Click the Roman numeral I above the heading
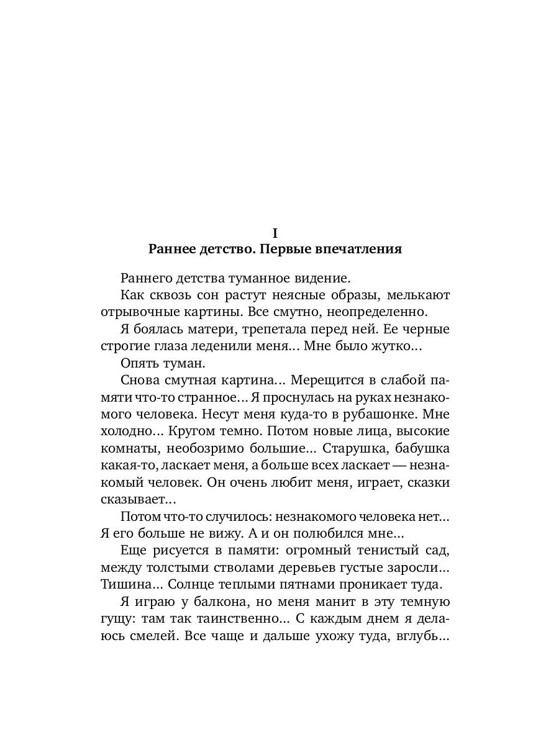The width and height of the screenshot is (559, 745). coord(275,233)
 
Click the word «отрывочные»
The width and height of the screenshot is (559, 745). coord(137,311)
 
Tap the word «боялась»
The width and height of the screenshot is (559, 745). coord(156,329)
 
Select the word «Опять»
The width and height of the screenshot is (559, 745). coord(140,363)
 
